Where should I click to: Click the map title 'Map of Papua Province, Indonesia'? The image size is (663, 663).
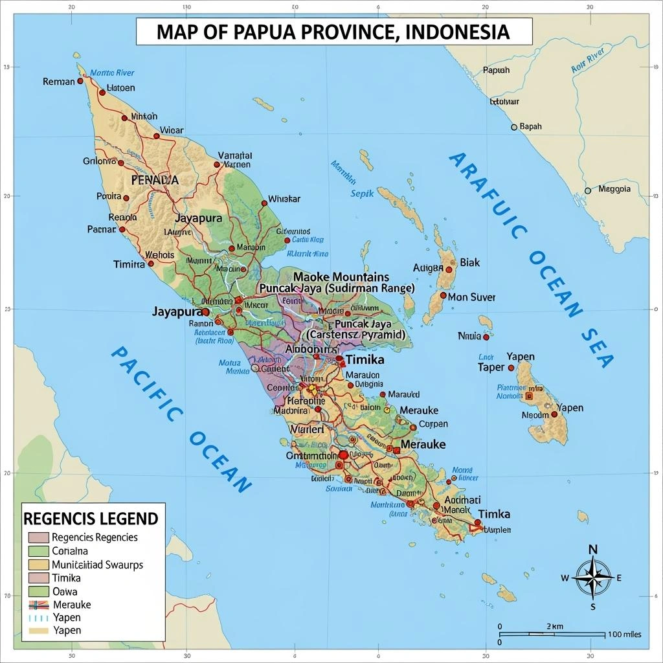[334, 31]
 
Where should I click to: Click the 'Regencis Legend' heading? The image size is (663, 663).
[91, 519]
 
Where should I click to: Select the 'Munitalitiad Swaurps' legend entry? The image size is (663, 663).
[97, 565]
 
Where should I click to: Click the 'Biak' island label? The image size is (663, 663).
[469, 262]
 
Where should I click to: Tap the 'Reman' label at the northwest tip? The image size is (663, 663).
[59, 82]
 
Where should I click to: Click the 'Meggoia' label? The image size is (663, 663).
[614, 189]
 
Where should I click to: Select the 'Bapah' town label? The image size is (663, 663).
[530, 126]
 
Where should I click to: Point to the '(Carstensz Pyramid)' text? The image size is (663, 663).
[356, 335]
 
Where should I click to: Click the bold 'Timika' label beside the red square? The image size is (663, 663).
[365, 359]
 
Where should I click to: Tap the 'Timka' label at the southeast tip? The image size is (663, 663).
[494, 513]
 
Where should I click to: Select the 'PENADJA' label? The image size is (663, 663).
[154, 180]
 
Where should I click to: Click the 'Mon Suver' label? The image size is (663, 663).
[471, 297]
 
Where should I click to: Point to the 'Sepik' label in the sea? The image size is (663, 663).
[363, 193]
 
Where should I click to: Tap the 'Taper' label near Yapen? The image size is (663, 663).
[490, 367]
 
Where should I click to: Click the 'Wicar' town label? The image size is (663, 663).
[171, 130]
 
